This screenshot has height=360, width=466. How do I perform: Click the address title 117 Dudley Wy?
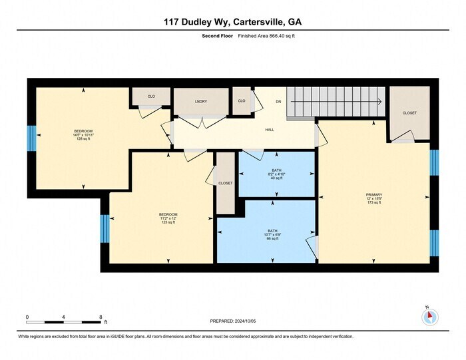coord(233,21)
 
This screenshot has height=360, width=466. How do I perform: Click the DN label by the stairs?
coord(279,101)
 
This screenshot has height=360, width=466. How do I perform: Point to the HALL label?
coord(270,129)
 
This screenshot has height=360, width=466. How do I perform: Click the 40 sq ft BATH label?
coord(276,174)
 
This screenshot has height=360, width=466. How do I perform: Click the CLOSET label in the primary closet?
coord(409,113)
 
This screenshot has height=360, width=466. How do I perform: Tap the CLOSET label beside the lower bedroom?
coord(226,183)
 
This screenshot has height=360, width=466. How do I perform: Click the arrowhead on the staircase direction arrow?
coord(379,102)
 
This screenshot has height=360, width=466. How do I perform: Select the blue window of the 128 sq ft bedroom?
coord(31,138)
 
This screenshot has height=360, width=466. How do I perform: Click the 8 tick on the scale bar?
coord(101,317)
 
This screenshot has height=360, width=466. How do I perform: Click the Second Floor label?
coord(216,37)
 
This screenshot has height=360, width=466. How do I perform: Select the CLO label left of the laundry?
coord(151,97)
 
